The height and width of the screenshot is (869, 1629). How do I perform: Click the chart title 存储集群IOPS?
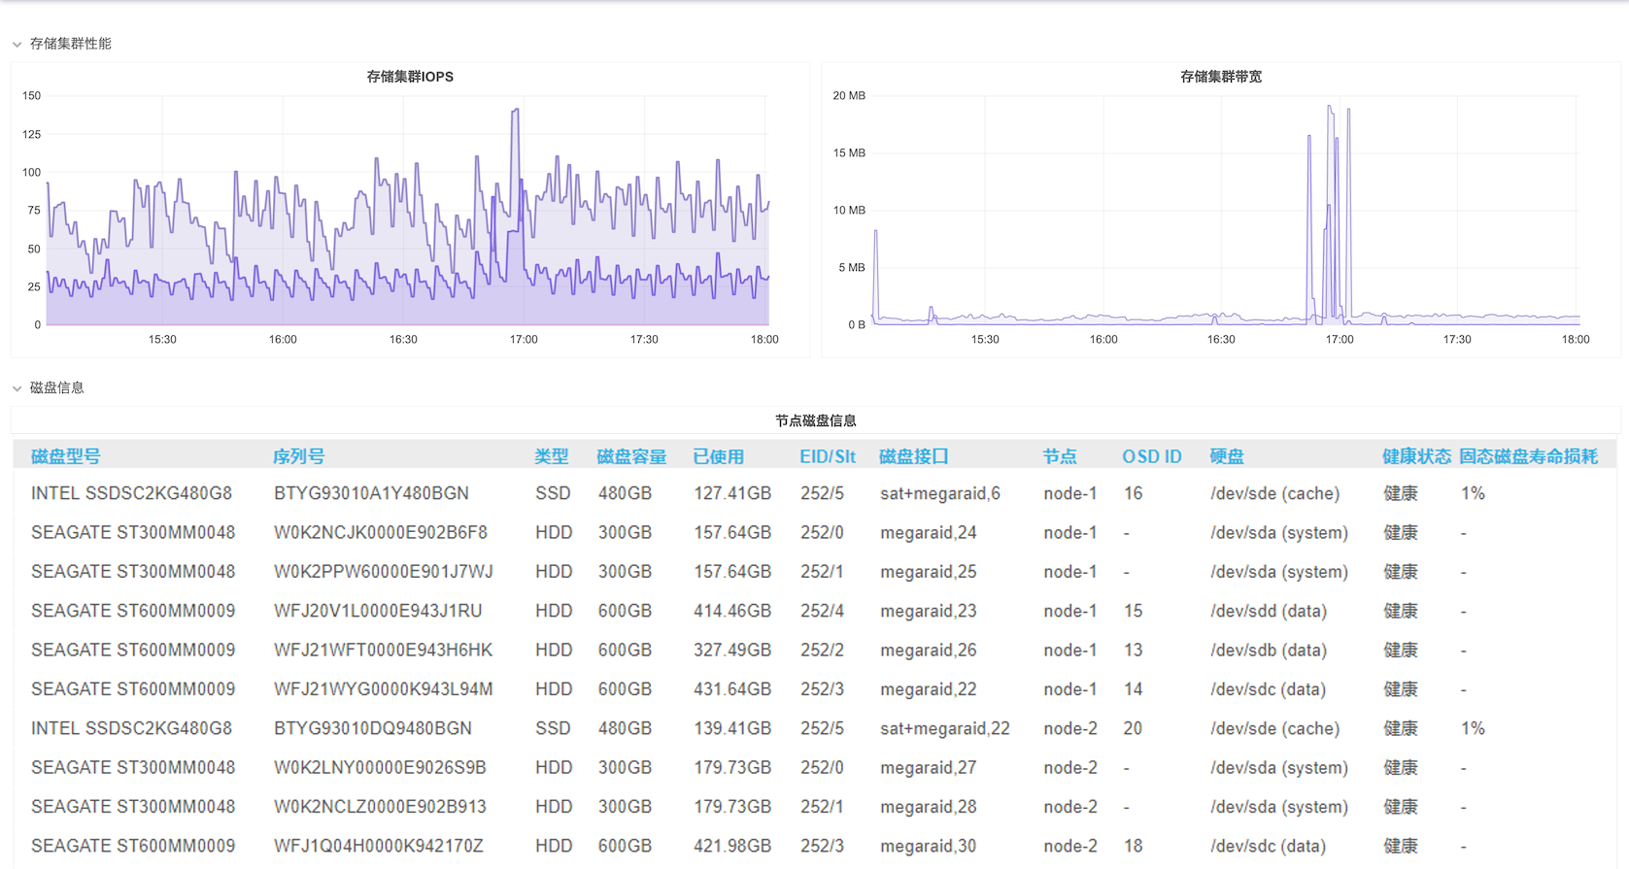click(409, 77)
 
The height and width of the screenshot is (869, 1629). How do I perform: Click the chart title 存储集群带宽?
click(1220, 77)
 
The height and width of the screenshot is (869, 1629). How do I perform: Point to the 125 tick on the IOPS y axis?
click(31, 134)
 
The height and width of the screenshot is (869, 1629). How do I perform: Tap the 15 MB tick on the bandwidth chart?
click(848, 152)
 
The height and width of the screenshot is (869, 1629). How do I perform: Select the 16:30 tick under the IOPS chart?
click(403, 339)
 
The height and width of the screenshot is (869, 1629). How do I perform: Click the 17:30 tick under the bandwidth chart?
click(1457, 339)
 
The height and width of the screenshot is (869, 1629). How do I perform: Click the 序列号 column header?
click(298, 456)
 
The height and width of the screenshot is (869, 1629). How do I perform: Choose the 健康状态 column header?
click(1416, 456)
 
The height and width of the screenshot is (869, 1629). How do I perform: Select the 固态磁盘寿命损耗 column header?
click(1528, 456)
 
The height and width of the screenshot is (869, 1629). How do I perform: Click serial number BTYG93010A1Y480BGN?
click(371, 493)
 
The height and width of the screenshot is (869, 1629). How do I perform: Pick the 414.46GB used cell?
click(731, 611)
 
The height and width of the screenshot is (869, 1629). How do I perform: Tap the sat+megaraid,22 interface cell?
click(944, 728)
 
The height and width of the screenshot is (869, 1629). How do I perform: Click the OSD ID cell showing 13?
click(1133, 650)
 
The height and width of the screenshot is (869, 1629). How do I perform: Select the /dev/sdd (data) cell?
click(1268, 611)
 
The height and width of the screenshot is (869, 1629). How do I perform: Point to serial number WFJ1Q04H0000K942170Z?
click(378, 846)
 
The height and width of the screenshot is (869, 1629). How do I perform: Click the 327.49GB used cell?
click(731, 650)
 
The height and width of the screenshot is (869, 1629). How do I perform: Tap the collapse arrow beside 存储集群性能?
click(17, 45)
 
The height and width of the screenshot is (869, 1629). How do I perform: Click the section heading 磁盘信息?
click(57, 387)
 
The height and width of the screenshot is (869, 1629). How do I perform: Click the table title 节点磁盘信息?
click(815, 420)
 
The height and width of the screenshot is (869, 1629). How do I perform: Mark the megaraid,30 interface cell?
click(928, 846)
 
